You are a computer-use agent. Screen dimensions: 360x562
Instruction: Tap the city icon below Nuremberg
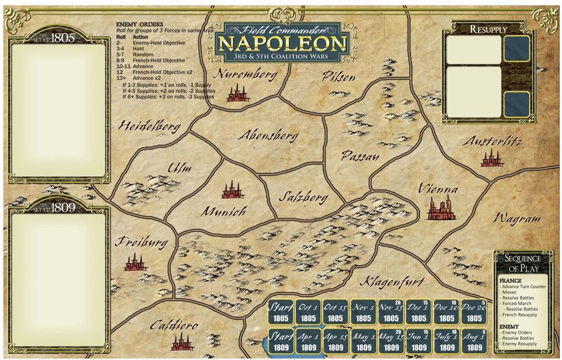(237, 94)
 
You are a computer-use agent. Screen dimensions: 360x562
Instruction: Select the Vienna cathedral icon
(440, 209)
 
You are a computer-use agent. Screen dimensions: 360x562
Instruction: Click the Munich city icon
(232, 190)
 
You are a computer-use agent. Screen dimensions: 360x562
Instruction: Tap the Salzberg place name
(303, 197)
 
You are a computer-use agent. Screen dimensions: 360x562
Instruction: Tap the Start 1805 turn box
(280, 312)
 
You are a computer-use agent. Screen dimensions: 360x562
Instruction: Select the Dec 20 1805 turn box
(474, 312)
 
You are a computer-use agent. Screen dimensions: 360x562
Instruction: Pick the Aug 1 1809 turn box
(474, 341)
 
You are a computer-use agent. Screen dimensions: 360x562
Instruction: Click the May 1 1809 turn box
(363, 341)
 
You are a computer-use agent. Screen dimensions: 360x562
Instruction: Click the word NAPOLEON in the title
(282, 43)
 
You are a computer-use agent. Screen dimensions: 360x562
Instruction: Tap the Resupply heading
(488, 29)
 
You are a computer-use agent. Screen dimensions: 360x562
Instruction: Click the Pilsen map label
(339, 77)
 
